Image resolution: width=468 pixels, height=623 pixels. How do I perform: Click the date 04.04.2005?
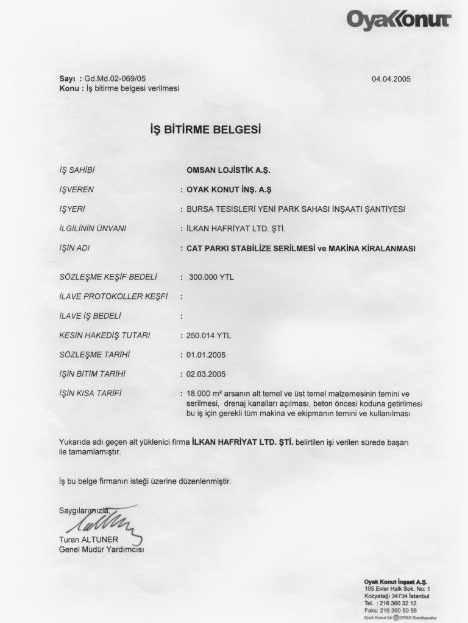[395, 78]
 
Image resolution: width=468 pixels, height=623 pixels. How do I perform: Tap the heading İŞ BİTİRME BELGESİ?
[205, 130]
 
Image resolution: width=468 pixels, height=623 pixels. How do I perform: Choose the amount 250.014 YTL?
[208, 335]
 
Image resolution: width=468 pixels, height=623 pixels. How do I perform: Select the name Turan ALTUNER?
[89, 540]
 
